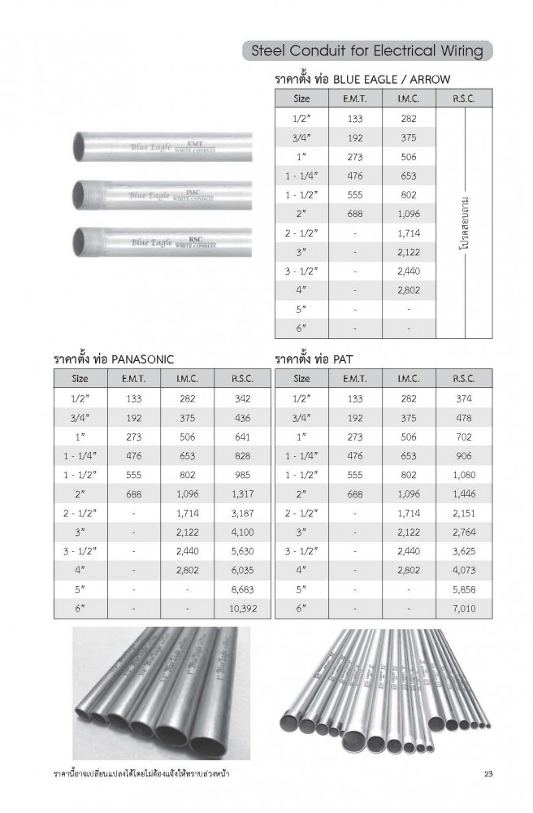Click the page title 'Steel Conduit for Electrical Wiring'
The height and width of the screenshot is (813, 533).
coord(367,51)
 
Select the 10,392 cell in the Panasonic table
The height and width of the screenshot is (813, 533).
coord(237,607)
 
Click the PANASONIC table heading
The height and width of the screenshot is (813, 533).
coord(114,359)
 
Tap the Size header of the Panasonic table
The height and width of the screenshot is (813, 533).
coord(80,378)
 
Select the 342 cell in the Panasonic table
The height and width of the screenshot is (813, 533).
coord(237,398)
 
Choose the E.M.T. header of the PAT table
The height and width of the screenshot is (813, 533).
coord(354,378)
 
